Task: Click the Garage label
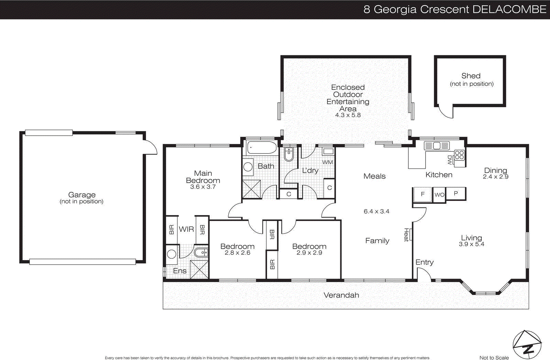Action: (x=82, y=195)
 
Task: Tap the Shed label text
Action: (x=471, y=76)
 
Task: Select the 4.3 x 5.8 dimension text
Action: (x=348, y=115)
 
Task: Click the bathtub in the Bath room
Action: (x=262, y=148)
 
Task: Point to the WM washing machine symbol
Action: (x=328, y=151)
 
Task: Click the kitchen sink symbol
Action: (x=437, y=146)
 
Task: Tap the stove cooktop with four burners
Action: (x=459, y=155)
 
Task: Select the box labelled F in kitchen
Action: (x=422, y=194)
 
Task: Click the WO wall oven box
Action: (x=439, y=195)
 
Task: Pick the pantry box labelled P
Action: (x=456, y=194)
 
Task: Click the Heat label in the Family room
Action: (x=406, y=235)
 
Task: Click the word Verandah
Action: (x=341, y=295)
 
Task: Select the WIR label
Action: (x=186, y=229)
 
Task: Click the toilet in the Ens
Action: (x=201, y=253)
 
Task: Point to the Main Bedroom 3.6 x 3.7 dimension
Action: (x=203, y=187)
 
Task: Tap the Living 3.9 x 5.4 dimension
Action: (x=471, y=244)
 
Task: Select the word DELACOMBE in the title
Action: (x=509, y=9)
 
